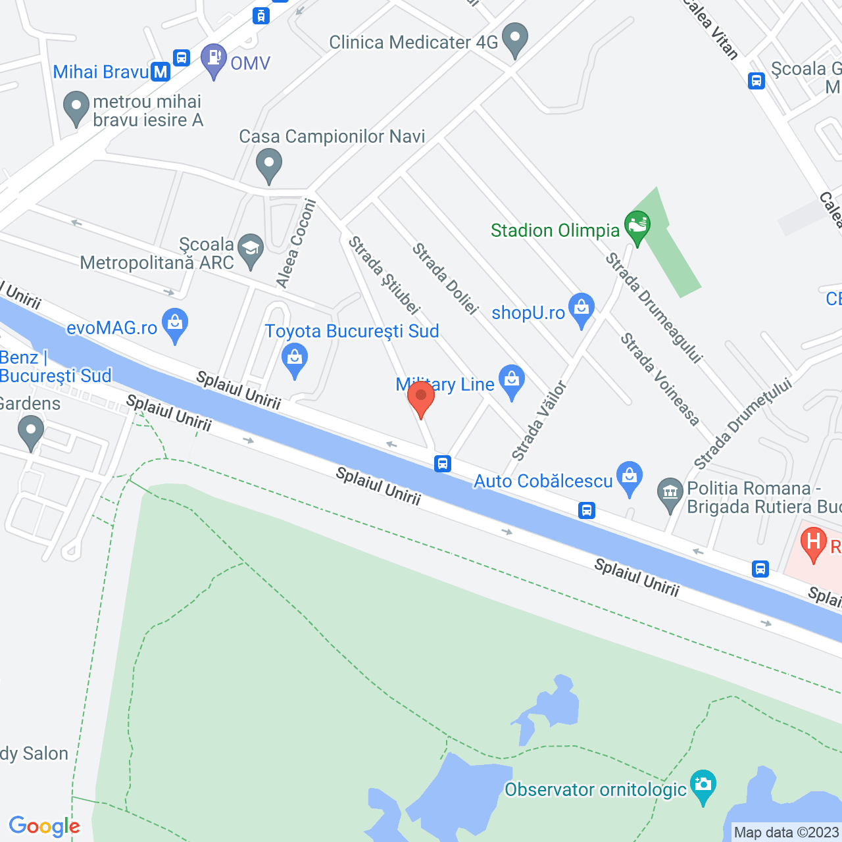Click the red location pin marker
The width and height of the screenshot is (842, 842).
click(421, 397)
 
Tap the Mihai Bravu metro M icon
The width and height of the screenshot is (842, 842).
click(161, 72)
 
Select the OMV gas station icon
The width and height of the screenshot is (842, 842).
click(214, 59)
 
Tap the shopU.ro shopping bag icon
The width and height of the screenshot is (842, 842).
click(582, 308)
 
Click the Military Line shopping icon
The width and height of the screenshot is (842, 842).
click(511, 380)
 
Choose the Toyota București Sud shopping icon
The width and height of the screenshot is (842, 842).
click(294, 359)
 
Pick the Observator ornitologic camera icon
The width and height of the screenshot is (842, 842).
click(703, 785)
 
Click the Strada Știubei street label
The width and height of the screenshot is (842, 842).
click(384, 275)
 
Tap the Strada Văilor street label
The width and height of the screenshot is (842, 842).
click(539, 421)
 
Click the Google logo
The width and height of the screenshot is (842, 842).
click(44, 826)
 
